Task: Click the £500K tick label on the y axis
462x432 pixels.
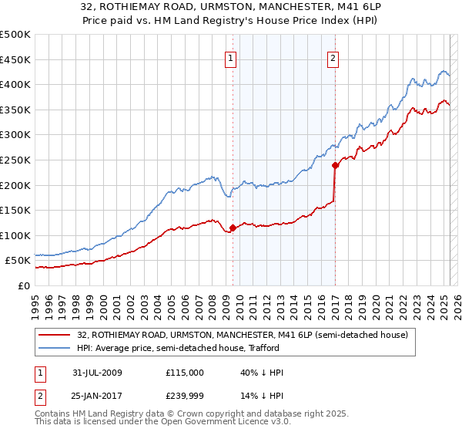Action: point(15,35)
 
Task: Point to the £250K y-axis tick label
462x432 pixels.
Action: point(15,160)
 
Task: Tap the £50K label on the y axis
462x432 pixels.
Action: point(18,261)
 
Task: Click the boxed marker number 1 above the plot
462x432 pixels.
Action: point(231,56)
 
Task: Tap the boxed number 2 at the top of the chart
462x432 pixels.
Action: point(333,56)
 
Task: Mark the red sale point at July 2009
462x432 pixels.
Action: point(233,228)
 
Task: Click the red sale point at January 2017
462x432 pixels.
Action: point(335,165)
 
